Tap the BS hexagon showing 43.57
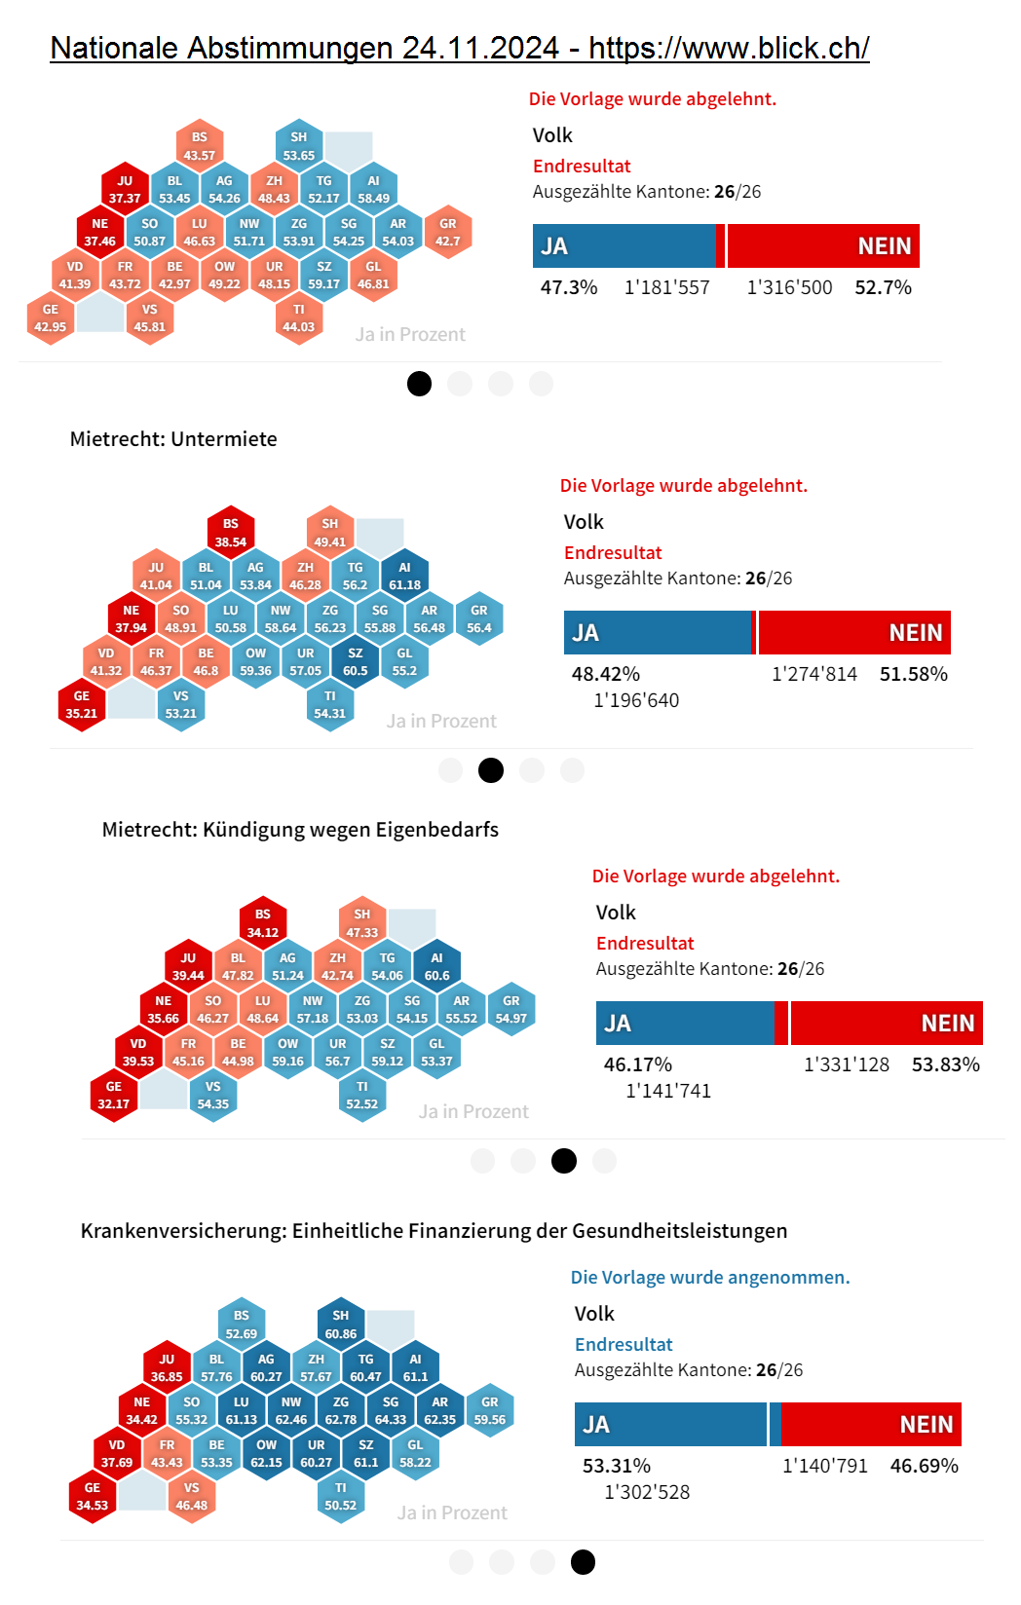coord(200,146)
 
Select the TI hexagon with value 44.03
coord(299,317)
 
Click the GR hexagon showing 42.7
coord(448,232)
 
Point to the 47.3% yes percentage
coord(569,287)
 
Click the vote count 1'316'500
coord(789,287)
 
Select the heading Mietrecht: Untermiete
coord(173,439)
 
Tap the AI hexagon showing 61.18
coord(405,576)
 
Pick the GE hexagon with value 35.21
coord(82,704)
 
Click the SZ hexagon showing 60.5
coord(356,661)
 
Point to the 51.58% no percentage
coord(913,674)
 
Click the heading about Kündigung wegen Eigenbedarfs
coord(300,830)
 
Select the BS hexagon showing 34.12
coord(263,923)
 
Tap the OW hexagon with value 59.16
coord(288,1052)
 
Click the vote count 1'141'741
coord(668,1091)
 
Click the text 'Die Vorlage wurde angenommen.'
coord(710,1278)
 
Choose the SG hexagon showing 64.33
coord(391,1411)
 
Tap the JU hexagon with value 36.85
coord(167,1367)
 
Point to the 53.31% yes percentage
coord(617,1466)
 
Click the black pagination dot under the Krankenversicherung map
coord(583,1562)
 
